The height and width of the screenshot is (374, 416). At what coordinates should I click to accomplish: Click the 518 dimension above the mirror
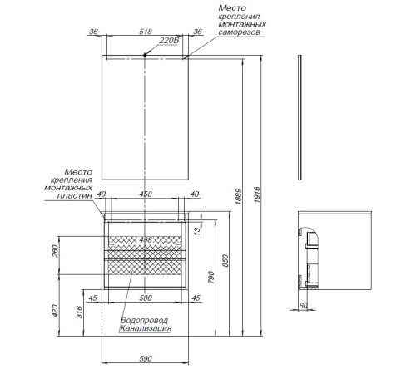(x=146, y=32)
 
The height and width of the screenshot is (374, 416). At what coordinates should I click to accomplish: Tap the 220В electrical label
(x=169, y=41)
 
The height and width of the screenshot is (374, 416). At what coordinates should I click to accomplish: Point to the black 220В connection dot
(x=145, y=55)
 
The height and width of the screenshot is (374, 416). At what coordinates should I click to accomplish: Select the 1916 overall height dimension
(x=257, y=194)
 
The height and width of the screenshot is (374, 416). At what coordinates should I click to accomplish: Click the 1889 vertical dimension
(x=239, y=196)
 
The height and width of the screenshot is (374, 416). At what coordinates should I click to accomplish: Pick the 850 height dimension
(x=225, y=260)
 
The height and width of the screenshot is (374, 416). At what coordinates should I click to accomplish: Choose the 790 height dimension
(x=211, y=277)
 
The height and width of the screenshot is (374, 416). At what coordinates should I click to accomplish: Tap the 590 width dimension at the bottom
(x=146, y=358)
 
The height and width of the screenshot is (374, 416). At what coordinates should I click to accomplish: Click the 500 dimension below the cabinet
(x=146, y=298)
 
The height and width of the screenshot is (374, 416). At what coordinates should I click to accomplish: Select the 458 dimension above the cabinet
(x=146, y=194)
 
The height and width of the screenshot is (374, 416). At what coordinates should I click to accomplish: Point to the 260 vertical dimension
(x=55, y=251)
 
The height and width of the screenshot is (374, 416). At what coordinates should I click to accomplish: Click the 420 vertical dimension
(x=55, y=311)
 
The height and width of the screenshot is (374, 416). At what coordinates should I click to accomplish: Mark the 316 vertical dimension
(x=79, y=312)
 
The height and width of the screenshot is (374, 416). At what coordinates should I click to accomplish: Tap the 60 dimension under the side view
(x=304, y=306)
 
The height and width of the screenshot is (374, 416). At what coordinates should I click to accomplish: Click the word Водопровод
(x=144, y=321)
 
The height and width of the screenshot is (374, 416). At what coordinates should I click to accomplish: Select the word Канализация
(x=146, y=328)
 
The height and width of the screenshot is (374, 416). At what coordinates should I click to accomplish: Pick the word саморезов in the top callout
(x=239, y=32)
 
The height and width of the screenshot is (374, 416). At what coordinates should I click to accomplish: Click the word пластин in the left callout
(x=75, y=195)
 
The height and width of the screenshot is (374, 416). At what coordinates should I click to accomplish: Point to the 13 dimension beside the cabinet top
(x=196, y=230)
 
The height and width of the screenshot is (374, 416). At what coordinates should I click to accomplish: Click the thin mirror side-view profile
(x=300, y=117)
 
